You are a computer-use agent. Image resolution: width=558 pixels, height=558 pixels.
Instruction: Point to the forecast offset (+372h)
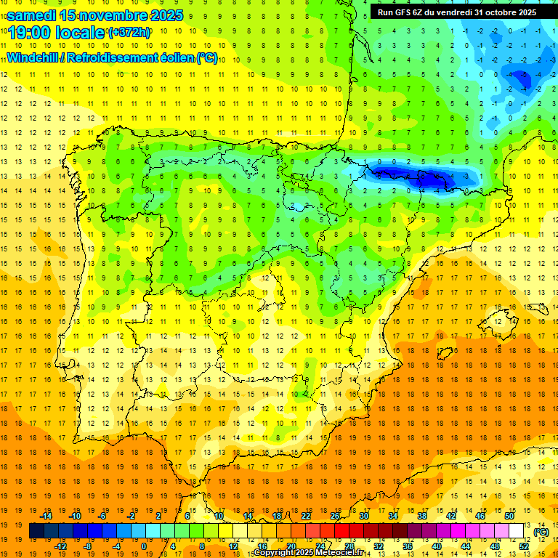[129, 33]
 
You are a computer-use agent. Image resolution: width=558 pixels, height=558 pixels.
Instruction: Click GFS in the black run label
[403, 12]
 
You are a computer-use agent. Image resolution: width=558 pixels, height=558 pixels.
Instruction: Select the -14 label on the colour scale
[46, 515]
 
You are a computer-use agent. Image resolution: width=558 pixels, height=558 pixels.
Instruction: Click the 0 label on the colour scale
[143, 546]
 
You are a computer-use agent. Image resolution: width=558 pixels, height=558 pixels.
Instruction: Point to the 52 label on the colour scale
[524, 546]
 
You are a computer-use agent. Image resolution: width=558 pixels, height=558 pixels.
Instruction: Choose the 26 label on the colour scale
[334, 515]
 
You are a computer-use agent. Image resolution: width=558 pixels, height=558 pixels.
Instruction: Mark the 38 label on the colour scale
[421, 515]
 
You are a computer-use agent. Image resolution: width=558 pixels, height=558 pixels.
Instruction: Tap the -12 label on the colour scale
[61, 546]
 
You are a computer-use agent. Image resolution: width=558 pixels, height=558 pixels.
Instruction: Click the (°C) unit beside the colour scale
[541, 532]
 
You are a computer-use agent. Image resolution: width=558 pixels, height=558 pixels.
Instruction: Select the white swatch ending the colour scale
[517, 531]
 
